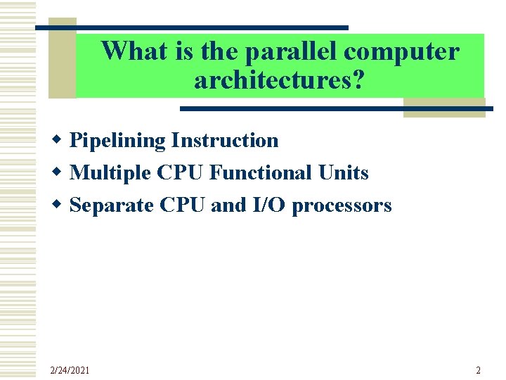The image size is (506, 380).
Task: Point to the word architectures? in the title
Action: [280, 81]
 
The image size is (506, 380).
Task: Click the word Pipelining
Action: [118, 141]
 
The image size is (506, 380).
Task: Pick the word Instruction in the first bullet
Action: [224, 141]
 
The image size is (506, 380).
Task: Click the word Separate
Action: [112, 205]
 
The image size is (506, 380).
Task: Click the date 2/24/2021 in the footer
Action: [70, 370]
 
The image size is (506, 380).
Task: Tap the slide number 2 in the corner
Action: [478, 370]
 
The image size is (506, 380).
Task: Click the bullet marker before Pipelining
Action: [61, 141]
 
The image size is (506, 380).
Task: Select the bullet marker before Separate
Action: [61, 205]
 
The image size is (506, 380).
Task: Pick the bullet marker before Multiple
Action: [61, 173]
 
